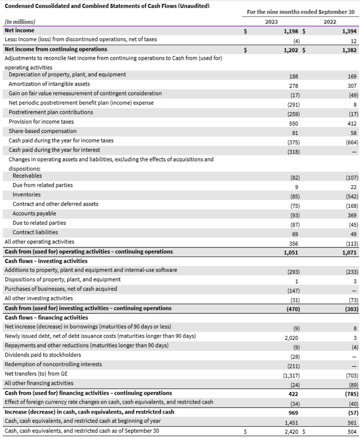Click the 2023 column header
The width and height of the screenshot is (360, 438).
(x=272, y=22)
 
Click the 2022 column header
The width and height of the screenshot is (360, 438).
(x=330, y=22)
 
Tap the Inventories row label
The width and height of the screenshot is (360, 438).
(x=27, y=195)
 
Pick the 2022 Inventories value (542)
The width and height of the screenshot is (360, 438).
(x=350, y=195)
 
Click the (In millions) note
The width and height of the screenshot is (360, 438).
(x=20, y=22)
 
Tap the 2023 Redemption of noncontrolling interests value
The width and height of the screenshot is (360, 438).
(x=294, y=355)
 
